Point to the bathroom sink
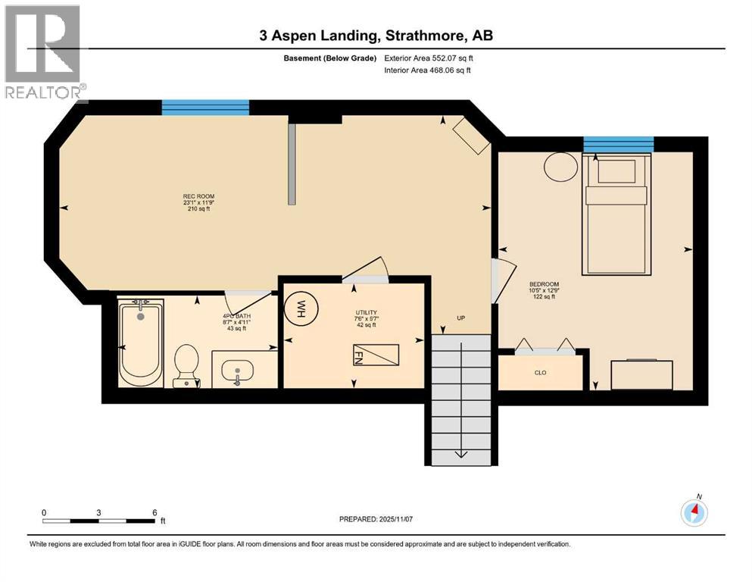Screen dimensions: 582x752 pos(239,371)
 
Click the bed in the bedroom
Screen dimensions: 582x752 pos(616,214)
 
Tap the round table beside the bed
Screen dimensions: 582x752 pos(562,167)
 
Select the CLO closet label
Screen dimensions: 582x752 pos(540,373)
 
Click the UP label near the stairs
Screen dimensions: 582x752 pos(460,318)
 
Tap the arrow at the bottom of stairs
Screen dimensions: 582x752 pos(460,454)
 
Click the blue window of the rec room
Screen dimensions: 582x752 pos(205,108)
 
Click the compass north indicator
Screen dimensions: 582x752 pos(694,512)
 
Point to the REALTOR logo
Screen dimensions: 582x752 pos(44,53)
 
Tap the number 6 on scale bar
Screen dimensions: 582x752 pos(154,512)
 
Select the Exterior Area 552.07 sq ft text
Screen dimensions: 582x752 pos(427,58)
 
